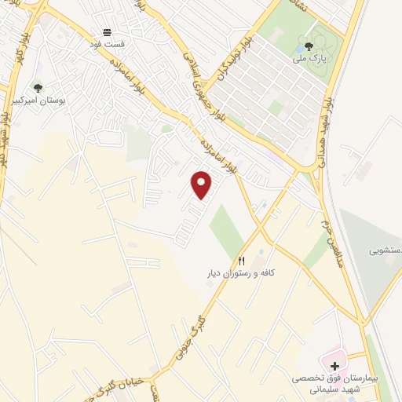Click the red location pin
(202, 185)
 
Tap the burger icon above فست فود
(107, 33)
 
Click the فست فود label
(107, 45)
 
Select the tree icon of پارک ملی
(309, 46)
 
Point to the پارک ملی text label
(309, 58)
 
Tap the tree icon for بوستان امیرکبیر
(38, 88)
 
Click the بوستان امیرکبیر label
(38, 100)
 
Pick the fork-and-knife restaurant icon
(242, 261)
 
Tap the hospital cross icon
(335, 366)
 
